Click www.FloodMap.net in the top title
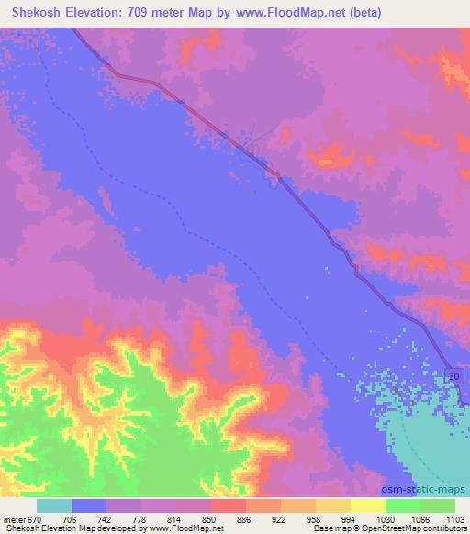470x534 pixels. click(289, 13)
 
